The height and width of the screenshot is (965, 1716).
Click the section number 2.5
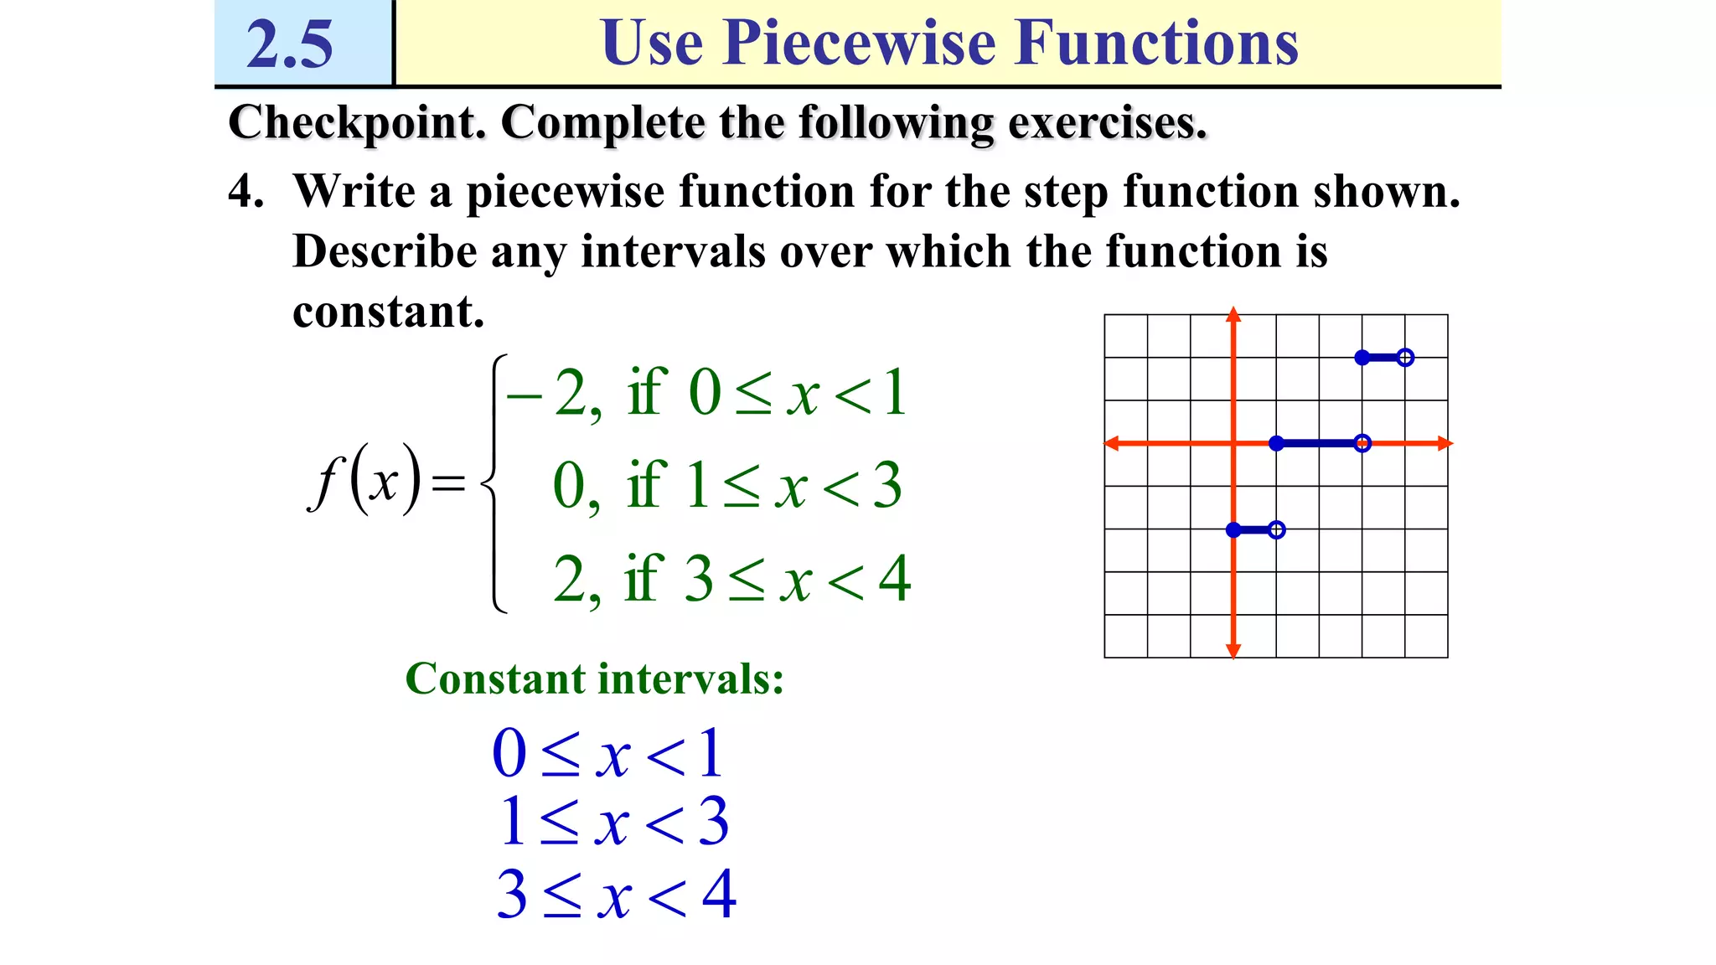(290, 44)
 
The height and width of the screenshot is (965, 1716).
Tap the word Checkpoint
(357, 123)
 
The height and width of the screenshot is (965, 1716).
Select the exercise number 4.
(246, 192)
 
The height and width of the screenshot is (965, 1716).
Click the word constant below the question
(388, 312)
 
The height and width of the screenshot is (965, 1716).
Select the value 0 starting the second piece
(570, 486)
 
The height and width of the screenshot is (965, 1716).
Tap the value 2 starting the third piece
(570, 579)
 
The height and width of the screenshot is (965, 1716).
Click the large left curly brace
(494, 483)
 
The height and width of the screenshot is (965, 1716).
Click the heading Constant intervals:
(594, 679)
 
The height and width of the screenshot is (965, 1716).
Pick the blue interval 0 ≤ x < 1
(607, 753)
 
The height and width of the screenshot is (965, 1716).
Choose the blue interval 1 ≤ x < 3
(613, 822)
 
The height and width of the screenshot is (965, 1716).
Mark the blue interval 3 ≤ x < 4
(616, 895)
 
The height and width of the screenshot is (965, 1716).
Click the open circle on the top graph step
(1405, 358)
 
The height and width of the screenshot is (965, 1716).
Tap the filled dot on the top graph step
(1362, 358)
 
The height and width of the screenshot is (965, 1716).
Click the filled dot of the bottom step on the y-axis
(1233, 529)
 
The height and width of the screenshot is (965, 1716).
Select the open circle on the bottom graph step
(1276, 529)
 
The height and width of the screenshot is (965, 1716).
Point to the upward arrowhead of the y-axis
(1233, 315)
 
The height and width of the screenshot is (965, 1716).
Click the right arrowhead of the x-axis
(1445, 443)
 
